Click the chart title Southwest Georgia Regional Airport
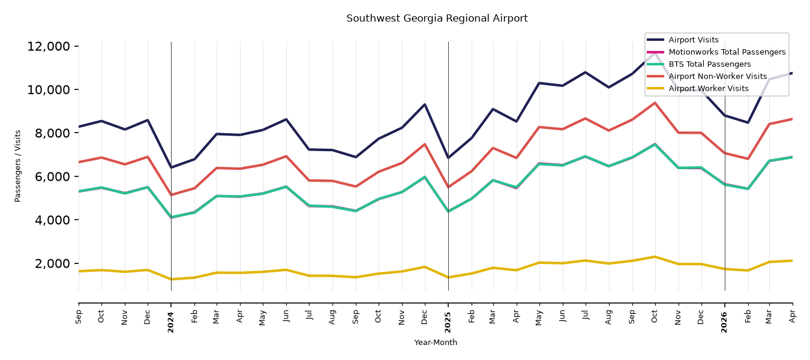point(437,19)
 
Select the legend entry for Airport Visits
point(693,40)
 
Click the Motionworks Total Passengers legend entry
point(727,52)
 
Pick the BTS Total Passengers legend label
point(709,64)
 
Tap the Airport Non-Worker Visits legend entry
point(718,76)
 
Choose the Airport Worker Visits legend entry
point(709,89)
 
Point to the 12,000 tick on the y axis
point(49,46)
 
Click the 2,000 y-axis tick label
point(52,263)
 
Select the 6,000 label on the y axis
point(52,176)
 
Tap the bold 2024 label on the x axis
point(170,322)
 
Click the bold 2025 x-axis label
point(448,322)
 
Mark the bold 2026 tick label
point(724,322)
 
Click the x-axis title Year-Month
point(436,342)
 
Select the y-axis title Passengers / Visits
point(17,166)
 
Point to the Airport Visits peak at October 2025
point(655,53)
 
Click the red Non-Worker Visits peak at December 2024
point(425,144)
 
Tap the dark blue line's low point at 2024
point(171,167)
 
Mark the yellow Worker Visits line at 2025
point(448,278)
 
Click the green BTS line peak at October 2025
point(655,145)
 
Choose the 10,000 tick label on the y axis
point(49,89)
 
